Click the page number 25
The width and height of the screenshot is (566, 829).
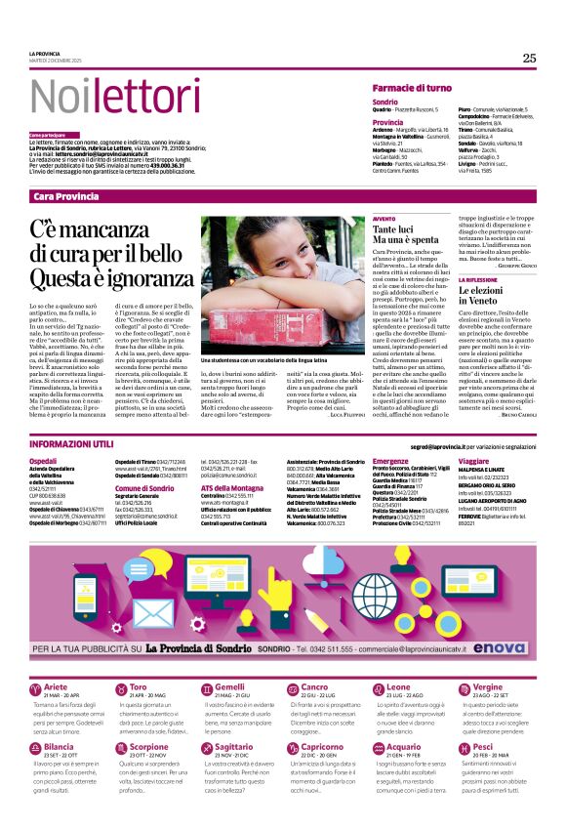[529, 58]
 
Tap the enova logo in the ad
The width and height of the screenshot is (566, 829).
[511, 646]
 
